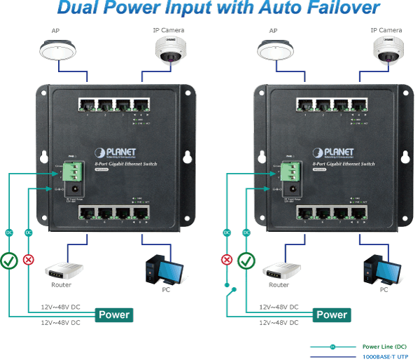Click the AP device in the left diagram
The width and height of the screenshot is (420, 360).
(x=55, y=51)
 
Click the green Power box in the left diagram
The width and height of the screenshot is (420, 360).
(x=113, y=314)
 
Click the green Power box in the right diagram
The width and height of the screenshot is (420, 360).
(x=331, y=314)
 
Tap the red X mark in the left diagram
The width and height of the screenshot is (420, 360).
(x=29, y=260)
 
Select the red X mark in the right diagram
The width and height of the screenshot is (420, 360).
(x=227, y=260)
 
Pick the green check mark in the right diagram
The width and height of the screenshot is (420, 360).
(x=246, y=261)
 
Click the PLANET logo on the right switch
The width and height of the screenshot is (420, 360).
(x=339, y=152)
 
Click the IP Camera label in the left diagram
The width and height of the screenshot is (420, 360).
(x=169, y=30)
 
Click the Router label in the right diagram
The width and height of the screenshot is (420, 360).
(x=279, y=285)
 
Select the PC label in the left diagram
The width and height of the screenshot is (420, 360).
(x=166, y=289)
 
